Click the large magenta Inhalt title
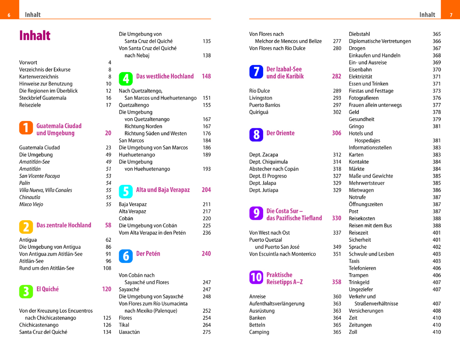tap(35, 36)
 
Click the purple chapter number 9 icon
tap(256, 213)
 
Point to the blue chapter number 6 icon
tap(126, 256)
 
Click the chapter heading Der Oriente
tap(281, 133)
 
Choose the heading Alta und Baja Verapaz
tap(163, 190)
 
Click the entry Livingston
tap(261, 98)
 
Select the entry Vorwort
tap(28, 63)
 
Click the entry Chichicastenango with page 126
tap(39, 325)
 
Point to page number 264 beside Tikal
tap(207, 325)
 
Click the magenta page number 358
tap(337, 282)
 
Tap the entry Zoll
tap(353, 332)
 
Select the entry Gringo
tap(356, 126)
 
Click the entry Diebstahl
tap(359, 34)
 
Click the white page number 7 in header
tap(451, 15)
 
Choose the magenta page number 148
tap(206, 76)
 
